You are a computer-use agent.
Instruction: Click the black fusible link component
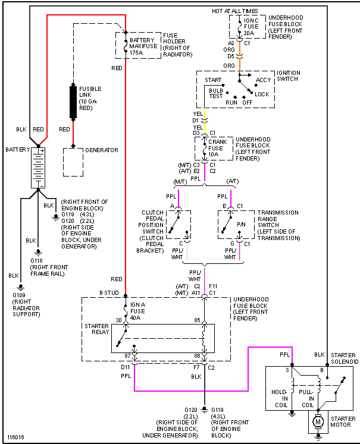pyautogui.click(x=73, y=102)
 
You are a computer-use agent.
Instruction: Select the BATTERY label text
pyautogui.click(x=17, y=149)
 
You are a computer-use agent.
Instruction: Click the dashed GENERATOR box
pyautogui.click(x=73, y=162)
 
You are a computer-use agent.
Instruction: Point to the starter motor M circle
pyautogui.click(x=318, y=422)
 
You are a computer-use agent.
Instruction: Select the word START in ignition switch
pyautogui.click(x=213, y=80)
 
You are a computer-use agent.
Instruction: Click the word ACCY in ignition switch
pyautogui.click(x=263, y=80)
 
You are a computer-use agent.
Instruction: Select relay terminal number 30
pyautogui.click(x=118, y=321)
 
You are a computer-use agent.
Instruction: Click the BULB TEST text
pyautogui.click(x=215, y=93)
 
